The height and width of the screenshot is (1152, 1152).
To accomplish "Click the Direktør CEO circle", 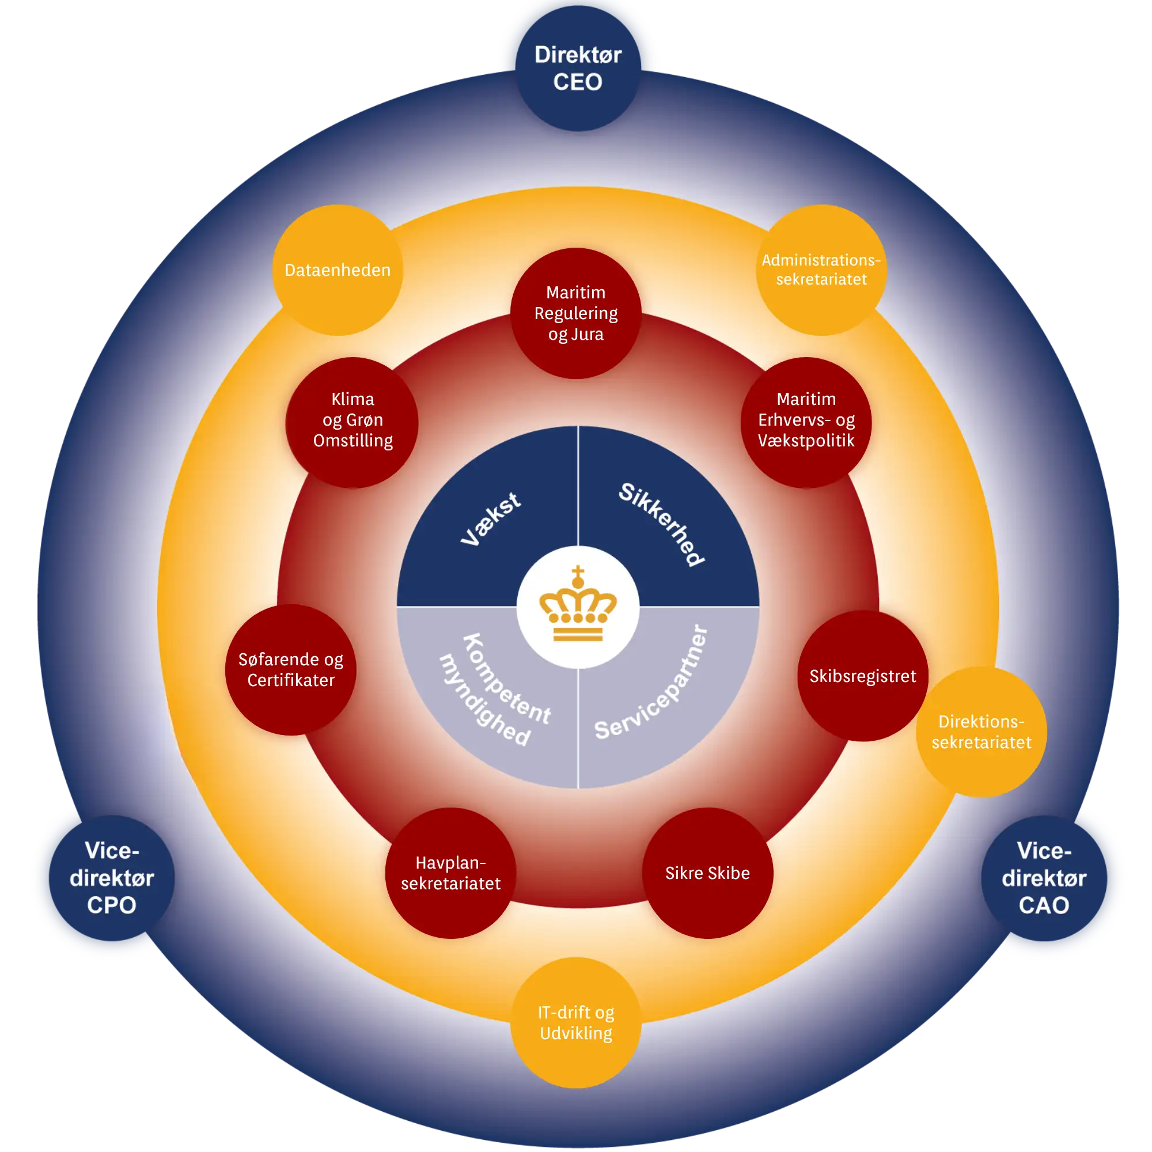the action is pyautogui.click(x=578, y=68).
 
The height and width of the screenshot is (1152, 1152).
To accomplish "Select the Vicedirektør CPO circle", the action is pyautogui.click(x=112, y=878).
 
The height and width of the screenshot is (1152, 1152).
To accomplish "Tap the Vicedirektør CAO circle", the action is pyautogui.click(x=1044, y=878).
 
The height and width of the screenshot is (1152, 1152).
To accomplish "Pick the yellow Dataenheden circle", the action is pyautogui.click(x=338, y=270).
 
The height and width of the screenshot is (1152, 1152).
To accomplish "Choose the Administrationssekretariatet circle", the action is pyautogui.click(x=821, y=270).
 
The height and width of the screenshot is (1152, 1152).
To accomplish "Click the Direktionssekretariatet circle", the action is pyautogui.click(x=982, y=732).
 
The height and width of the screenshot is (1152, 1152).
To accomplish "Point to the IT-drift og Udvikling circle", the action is pyautogui.click(x=576, y=1022).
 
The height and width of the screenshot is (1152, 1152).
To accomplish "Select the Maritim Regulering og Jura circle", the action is pyautogui.click(x=576, y=313).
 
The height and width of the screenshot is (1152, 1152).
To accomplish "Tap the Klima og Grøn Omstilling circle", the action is pyautogui.click(x=352, y=422).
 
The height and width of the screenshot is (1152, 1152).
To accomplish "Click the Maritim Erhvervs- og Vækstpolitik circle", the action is pyautogui.click(x=806, y=422).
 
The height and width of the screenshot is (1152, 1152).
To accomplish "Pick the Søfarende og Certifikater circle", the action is pyautogui.click(x=291, y=670).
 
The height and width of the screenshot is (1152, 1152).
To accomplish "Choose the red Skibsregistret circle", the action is pyautogui.click(x=863, y=676).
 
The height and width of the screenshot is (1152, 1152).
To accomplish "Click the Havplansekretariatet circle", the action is pyautogui.click(x=451, y=873).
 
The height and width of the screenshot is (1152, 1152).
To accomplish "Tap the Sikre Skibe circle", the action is pyautogui.click(x=708, y=873).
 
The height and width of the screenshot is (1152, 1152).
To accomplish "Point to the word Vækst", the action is pyautogui.click(x=491, y=518).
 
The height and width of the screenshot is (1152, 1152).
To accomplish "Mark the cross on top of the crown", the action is pyautogui.click(x=578, y=575).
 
